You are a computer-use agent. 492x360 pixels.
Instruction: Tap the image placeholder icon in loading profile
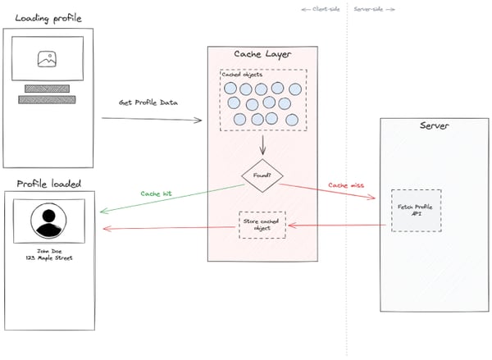point(47,59)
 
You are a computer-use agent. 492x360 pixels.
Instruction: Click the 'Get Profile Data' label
point(148,103)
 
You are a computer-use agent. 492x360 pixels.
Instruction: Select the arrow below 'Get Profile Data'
point(152,120)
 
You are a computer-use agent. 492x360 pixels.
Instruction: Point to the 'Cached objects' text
point(244,75)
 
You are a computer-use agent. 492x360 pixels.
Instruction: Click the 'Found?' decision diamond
point(261,175)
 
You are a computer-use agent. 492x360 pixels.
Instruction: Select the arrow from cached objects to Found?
point(261,146)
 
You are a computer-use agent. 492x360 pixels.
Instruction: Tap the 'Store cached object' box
point(262,225)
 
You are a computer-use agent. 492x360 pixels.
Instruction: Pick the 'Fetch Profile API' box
point(416,210)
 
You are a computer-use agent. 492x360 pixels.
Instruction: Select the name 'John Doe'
point(48,250)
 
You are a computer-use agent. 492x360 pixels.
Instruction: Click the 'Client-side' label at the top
point(321,9)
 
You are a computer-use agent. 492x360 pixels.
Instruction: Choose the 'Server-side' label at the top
point(374,9)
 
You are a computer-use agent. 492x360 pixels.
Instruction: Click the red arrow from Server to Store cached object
point(336,225)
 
